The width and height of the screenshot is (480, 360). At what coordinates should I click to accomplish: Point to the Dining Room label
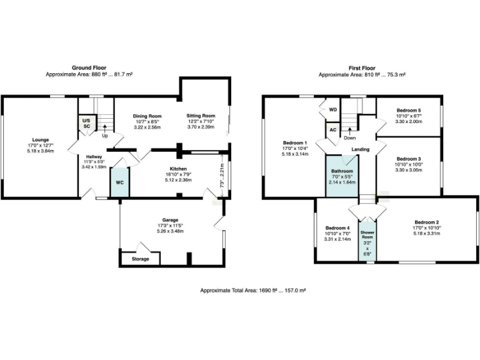pyautogui.click(x=147, y=116)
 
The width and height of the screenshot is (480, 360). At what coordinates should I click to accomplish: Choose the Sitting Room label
pyautogui.click(x=201, y=116)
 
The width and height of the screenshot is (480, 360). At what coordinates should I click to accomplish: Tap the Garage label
pyautogui.click(x=171, y=220)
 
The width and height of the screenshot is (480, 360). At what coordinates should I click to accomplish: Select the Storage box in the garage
pyautogui.click(x=140, y=259)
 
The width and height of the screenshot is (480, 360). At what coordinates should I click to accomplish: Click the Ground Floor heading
pyautogui.click(x=89, y=67)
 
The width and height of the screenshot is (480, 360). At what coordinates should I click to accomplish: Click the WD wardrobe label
pyautogui.click(x=332, y=109)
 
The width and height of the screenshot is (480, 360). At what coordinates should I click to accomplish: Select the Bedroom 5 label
pyautogui.click(x=409, y=111)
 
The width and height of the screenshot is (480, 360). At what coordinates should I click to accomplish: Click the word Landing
pyautogui.click(x=361, y=149)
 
